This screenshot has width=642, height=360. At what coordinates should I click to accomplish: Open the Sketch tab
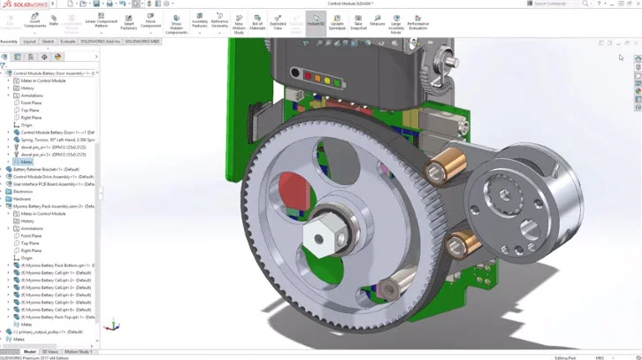pos(48,41)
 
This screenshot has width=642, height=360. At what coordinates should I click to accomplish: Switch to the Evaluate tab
pos(67,41)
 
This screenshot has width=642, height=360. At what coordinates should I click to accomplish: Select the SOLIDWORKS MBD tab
pos(142,41)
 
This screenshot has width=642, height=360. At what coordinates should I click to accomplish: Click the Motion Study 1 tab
pos(78,351)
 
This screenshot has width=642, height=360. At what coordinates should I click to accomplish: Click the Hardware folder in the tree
pos(22,199)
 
